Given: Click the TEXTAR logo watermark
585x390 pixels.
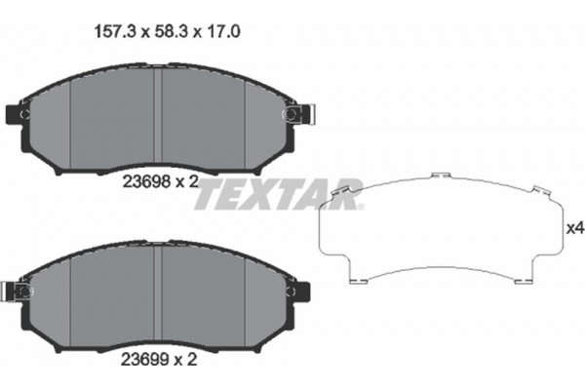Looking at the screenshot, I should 278,195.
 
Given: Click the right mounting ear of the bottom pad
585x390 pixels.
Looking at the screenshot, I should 296,290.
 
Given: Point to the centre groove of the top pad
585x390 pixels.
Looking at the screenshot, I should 157,117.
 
